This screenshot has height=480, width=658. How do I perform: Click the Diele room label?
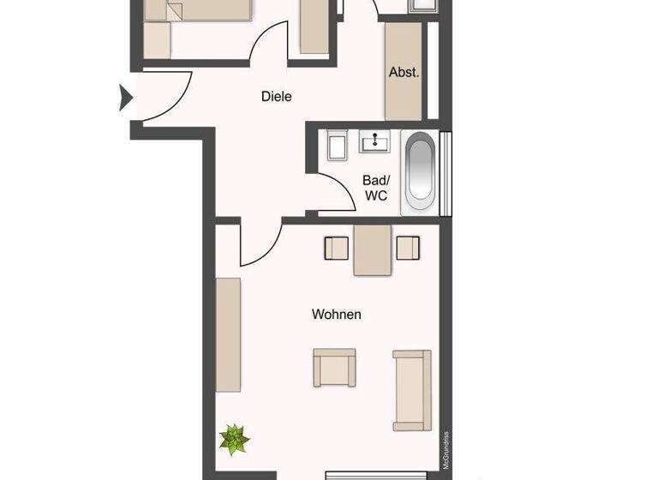[276, 97]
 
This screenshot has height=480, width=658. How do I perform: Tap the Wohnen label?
[336, 315]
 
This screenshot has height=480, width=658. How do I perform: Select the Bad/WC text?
[375, 188]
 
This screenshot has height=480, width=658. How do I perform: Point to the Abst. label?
[404, 73]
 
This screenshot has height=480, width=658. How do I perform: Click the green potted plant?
[233, 440]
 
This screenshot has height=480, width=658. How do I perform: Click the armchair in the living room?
[334, 367]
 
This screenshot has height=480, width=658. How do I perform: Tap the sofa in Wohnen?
[411, 390]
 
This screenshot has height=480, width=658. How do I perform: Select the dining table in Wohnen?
[373, 249]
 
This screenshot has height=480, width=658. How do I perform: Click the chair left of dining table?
[335, 248]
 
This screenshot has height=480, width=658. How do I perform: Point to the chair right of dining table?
[409, 248]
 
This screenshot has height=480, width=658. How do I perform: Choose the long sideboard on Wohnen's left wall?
[228, 334]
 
